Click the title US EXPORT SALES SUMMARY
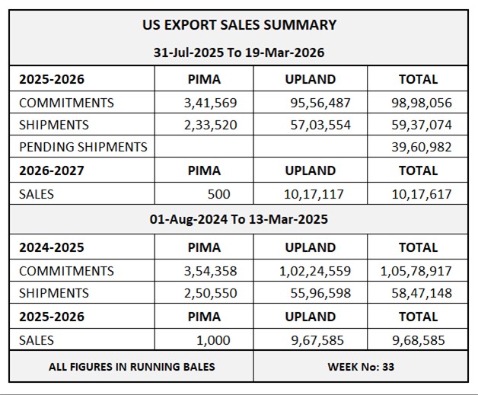click(239, 24)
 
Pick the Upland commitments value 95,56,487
click(320, 103)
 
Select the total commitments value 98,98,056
click(421, 103)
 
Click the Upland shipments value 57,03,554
click(320, 125)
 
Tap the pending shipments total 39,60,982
click(421, 147)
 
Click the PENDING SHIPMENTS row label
click(83, 147)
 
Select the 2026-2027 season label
click(51, 170)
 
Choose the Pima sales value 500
click(218, 194)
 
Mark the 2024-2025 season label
click(51, 247)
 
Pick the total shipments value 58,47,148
click(421, 293)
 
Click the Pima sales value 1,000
click(213, 339)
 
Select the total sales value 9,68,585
click(421, 339)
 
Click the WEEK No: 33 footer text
click(361, 367)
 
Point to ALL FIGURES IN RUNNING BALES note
click(132, 367)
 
